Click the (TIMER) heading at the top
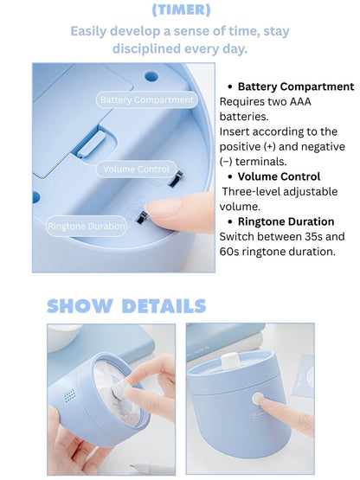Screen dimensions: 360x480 (x=182, y=10)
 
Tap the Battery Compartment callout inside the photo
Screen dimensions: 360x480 (x=147, y=99)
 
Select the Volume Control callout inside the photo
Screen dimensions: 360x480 (x=137, y=169)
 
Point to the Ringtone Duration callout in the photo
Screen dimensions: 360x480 (x=87, y=226)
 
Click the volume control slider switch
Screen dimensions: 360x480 (x=177, y=179)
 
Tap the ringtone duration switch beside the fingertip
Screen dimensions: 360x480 (x=142, y=217)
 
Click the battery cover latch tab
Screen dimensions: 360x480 (x=91, y=144)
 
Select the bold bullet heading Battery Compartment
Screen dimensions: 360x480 (x=296, y=86)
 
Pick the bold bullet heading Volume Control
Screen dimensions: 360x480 (x=279, y=176)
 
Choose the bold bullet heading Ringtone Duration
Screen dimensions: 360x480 (x=286, y=221)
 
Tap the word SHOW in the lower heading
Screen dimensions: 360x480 (x=80, y=306)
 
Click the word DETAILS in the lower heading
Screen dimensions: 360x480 (x=164, y=306)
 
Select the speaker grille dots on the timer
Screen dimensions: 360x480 (x=69, y=395)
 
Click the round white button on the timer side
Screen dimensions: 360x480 (x=258, y=398)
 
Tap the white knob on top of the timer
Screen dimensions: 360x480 (x=229, y=360)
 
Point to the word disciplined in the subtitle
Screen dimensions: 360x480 (x=146, y=48)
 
